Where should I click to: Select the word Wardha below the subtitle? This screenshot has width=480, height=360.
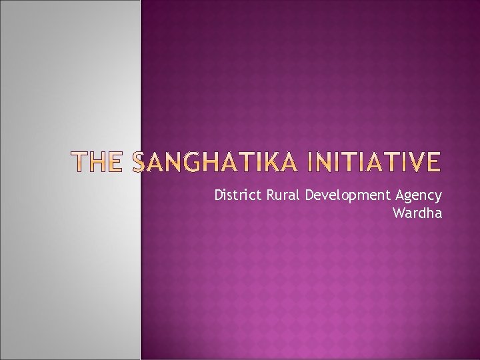pos(417,214)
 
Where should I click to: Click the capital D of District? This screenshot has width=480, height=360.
pos(219,195)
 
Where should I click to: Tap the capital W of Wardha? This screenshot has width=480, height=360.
pos(399,214)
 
